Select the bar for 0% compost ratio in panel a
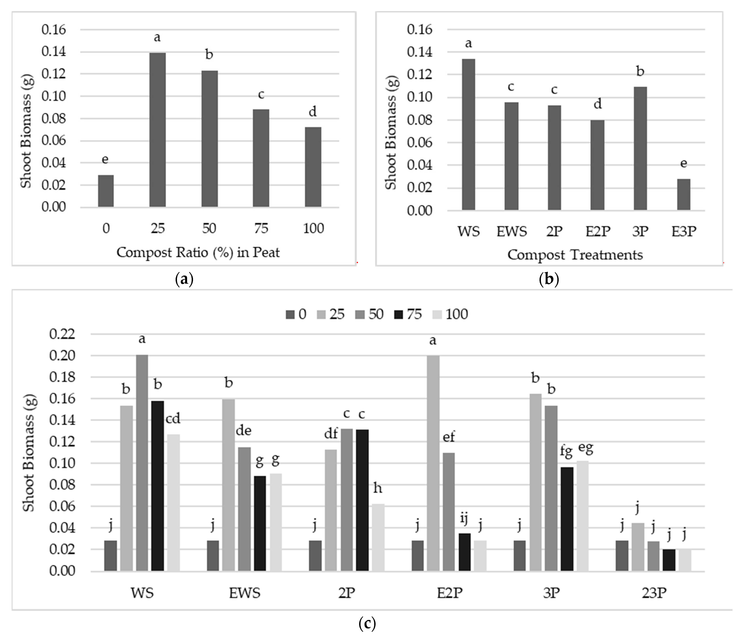click(106, 191)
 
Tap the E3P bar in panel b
click(683, 194)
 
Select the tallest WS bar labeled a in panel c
click(142, 463)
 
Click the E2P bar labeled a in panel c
click(433, 463)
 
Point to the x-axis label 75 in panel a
click(261, 228)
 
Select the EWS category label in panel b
click(511, 231)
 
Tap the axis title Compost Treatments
click(575, 255)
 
